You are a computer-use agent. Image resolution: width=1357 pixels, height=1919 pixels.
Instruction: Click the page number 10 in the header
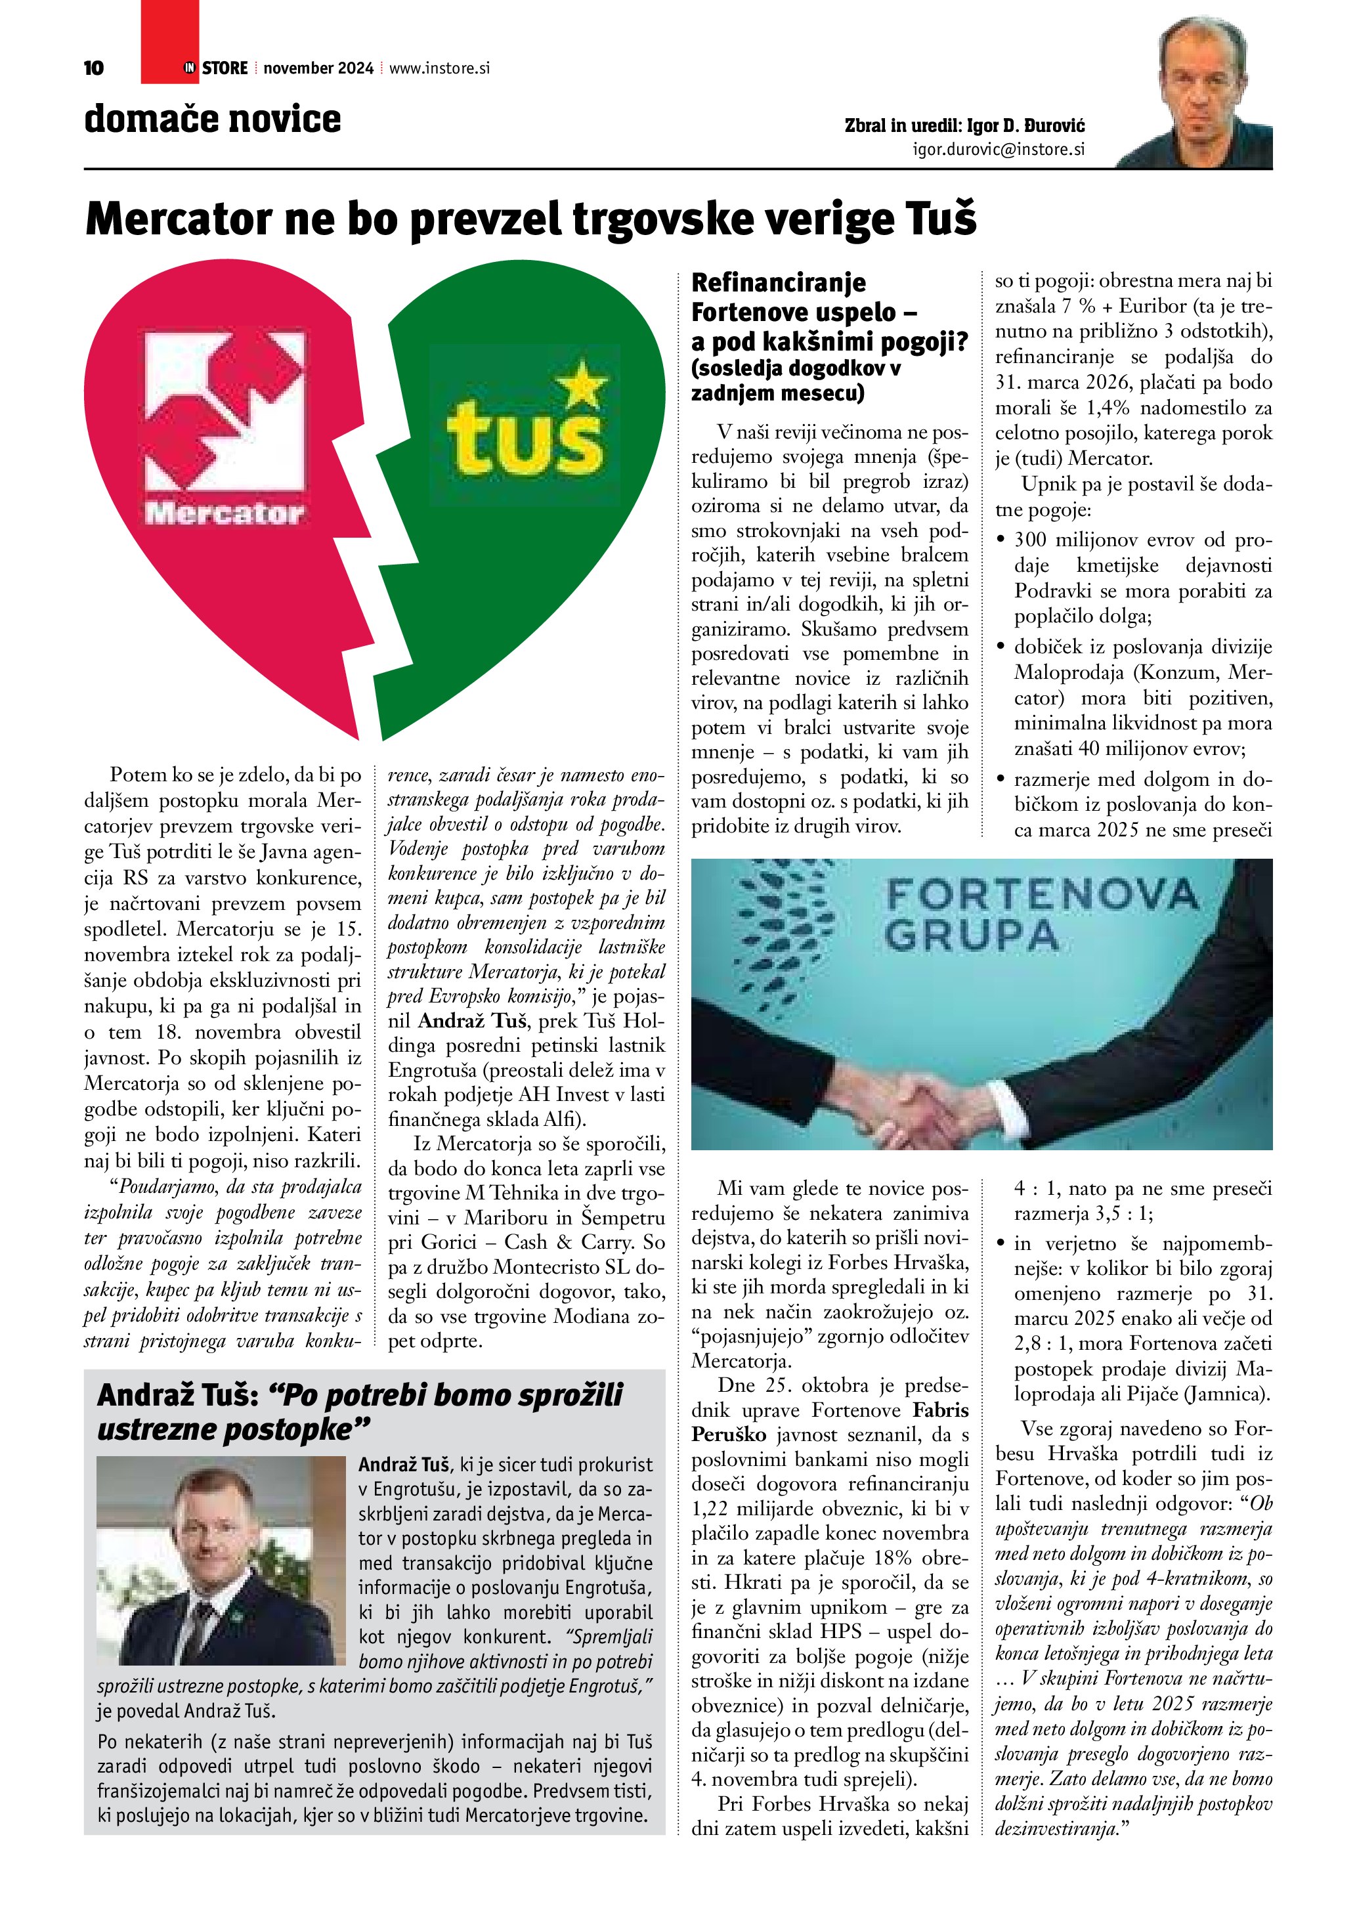[94, 68]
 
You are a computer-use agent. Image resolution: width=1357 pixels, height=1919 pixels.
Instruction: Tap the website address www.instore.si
[439, 68]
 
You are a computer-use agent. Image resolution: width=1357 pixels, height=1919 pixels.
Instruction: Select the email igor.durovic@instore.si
[999, 150]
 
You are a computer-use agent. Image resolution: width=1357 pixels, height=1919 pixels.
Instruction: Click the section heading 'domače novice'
[212, 119]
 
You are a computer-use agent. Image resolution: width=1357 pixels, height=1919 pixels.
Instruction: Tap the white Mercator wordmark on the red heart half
[224, 512]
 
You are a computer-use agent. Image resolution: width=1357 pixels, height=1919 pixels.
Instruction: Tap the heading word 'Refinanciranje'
[778, 282]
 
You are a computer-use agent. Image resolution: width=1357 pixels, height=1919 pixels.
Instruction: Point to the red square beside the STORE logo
[169, 42]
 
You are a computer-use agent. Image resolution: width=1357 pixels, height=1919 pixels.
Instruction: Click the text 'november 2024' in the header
[318, 68]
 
